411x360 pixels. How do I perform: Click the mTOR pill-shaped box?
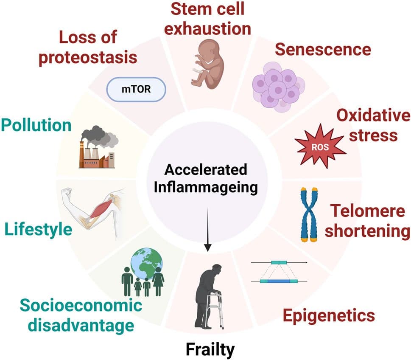point(134,90)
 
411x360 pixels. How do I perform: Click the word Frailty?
point(210,350)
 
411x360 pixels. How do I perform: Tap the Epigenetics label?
point(329,315)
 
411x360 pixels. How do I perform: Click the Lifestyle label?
point(38,230)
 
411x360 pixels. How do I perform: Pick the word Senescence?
point(323,49)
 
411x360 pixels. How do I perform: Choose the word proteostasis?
point(88,57)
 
